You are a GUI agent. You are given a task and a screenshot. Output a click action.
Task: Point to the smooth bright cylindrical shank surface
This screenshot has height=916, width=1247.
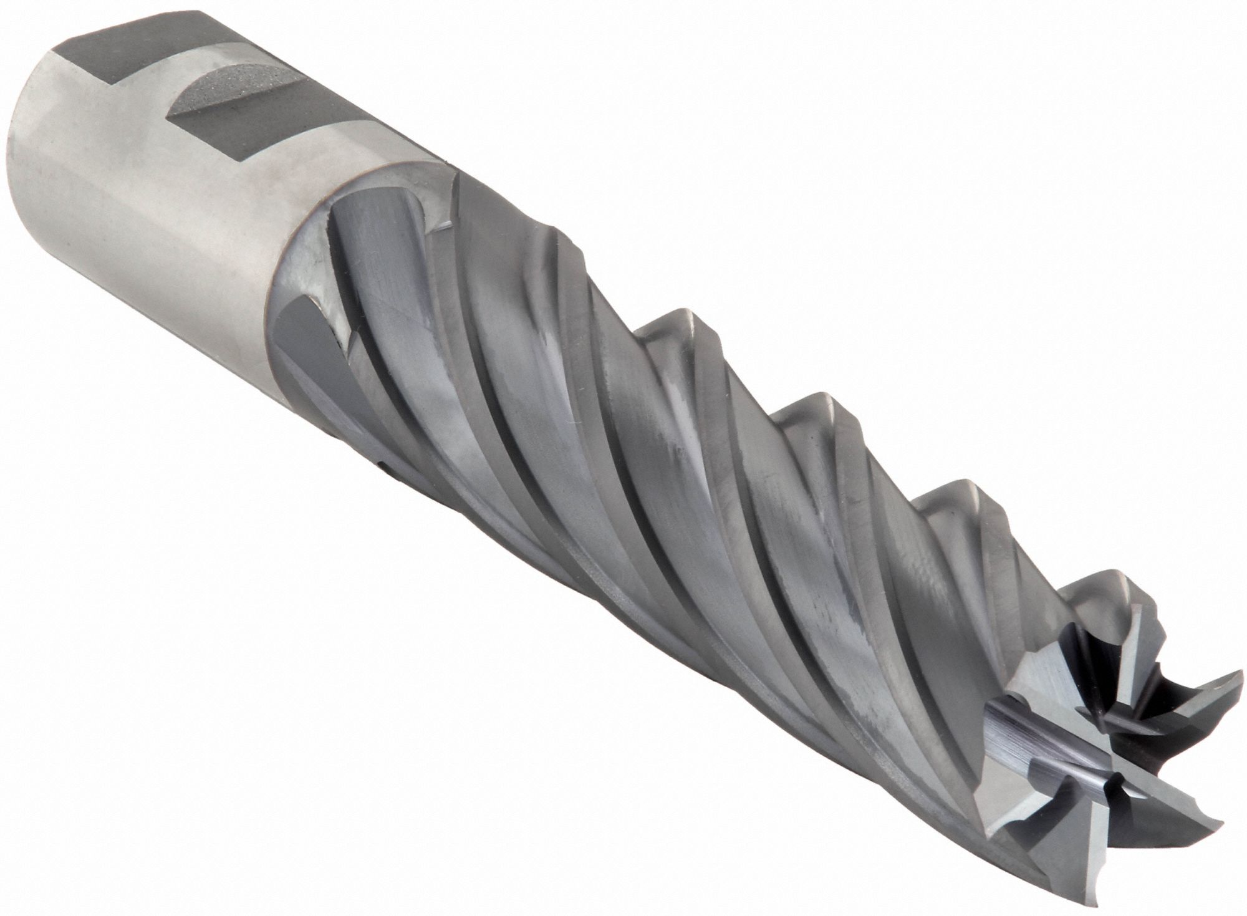pos(156,206)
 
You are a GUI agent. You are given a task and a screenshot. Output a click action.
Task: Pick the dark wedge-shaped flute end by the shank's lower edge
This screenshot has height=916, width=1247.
pos(306,349)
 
